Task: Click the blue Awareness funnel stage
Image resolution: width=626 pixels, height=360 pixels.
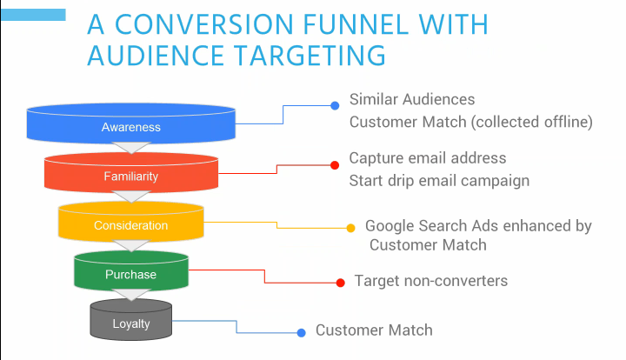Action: [130, 127]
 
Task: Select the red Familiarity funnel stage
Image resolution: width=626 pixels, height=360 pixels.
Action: [130, 176]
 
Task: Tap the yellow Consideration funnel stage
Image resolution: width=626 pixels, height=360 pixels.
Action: [130, 225]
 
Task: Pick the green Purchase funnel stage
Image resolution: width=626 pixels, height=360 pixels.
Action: [130, 275]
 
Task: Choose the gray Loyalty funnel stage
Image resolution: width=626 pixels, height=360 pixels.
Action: [130, 324]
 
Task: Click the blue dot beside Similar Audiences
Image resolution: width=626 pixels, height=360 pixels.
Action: [335, 106]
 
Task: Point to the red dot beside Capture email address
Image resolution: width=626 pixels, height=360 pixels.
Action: [334, 165]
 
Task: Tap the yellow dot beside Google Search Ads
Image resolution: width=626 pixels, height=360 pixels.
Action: [350, 229]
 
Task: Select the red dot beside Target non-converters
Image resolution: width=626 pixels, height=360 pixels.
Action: [339, 282]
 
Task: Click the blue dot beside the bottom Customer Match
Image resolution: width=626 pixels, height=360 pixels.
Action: [301, 332]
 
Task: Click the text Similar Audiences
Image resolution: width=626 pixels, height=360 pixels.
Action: [412, 100]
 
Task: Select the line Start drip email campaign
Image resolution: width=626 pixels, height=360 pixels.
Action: [439, 181]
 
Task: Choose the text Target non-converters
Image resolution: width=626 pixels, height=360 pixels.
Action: [431, 281]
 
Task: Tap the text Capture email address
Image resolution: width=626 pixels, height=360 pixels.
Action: [428, 158]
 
